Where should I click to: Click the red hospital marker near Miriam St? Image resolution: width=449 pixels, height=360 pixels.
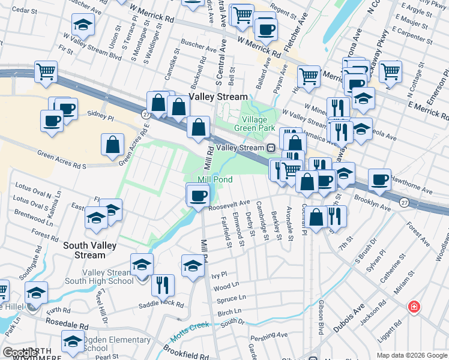(x=414, y=307)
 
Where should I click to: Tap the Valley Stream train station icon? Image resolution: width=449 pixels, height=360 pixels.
(x=271, y=148)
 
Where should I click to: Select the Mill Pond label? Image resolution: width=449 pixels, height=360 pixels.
(x=215, y=179)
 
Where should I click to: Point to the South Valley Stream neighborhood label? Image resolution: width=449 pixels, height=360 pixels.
(x=85, y=250)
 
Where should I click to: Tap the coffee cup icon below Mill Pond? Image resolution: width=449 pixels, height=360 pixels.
(x=198, y=195)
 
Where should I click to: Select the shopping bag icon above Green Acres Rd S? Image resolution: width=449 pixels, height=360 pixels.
(x=112, y=145)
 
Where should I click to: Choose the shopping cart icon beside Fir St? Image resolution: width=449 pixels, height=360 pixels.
(x=46, y=72)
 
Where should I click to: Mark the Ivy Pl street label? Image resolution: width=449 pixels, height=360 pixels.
(x=219, y=274)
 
